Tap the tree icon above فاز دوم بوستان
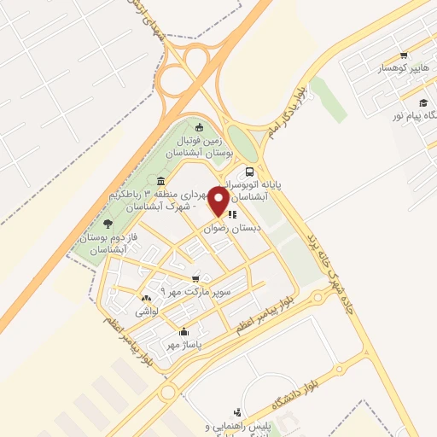(x=108, y=223)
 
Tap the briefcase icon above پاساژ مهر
(x=183, y=331)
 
